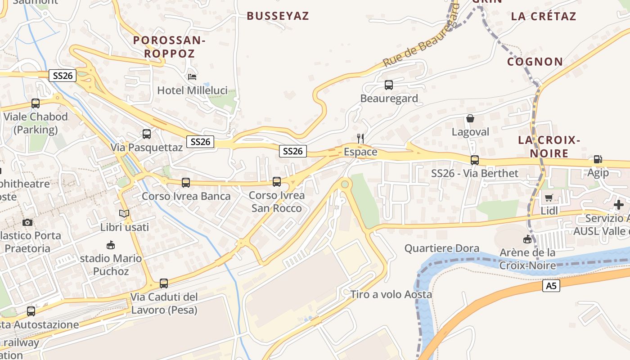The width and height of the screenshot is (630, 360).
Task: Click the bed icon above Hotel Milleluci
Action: [192, 76]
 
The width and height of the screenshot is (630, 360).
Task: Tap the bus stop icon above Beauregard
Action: [389, 85]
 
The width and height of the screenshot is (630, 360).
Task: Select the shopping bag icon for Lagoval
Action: [470, 118]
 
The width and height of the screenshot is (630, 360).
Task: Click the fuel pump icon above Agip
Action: [598, 159]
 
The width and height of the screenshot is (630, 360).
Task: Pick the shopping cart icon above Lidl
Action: [549, 198]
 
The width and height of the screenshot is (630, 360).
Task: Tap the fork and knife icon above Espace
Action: [360, 138]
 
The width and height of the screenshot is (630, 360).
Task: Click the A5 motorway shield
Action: [551, 286]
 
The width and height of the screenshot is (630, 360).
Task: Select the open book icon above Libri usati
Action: [124, 213]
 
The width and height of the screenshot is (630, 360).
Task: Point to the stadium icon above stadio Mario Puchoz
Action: [111, 245]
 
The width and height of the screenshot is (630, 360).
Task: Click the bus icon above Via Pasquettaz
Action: [147, 134]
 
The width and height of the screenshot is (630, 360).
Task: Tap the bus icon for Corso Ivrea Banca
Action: [186, 182]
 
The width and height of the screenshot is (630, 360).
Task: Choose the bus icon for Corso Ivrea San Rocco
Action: [277, 181]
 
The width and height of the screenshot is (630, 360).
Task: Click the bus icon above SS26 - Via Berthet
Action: [474, 160]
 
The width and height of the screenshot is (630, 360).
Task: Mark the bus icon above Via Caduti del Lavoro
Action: [164, 283]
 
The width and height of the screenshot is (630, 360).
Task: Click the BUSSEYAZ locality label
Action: [278, 16]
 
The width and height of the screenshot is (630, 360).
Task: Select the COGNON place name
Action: [535, 62]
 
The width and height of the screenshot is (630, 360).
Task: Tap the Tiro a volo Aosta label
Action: [391, 295]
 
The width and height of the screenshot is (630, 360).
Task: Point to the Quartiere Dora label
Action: [441, 248]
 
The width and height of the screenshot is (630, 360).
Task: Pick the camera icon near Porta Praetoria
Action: [27, 222]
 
